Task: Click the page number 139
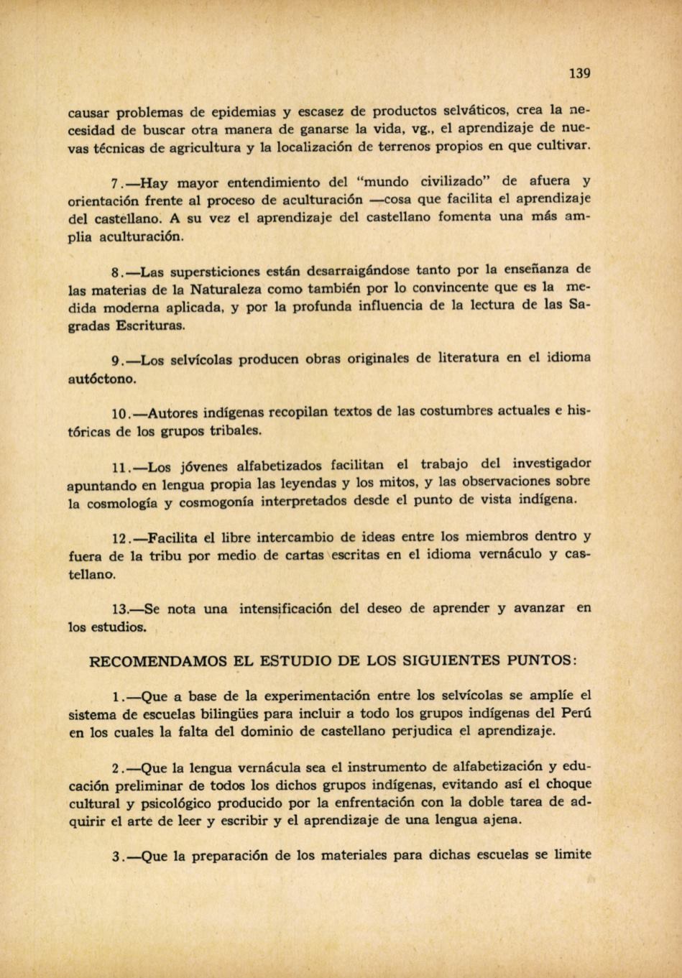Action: pos(579,73)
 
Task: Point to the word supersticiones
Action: pos(207,272)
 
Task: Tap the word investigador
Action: pos(552,463)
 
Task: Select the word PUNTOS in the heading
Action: pos(541,660)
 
